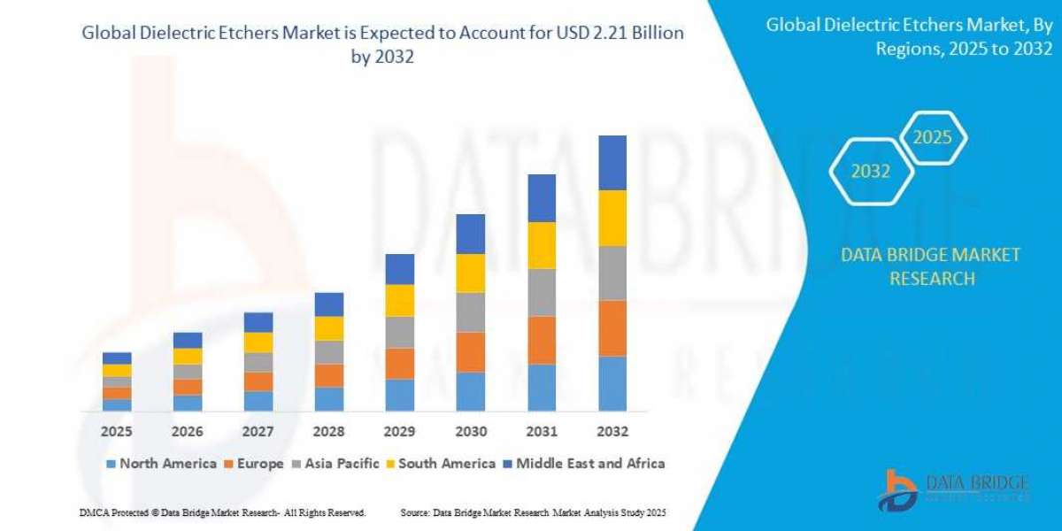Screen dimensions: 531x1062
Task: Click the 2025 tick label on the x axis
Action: [x=117, y=432]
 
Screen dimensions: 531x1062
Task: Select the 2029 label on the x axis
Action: [x=400, y=432]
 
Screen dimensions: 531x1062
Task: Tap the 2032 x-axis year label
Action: [x=612, y=432]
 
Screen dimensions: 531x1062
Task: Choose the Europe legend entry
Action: [x=258, y=464]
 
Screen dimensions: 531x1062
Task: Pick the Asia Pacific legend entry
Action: [x=341, y=464]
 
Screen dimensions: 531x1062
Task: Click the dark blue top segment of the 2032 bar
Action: [x=612, y=163]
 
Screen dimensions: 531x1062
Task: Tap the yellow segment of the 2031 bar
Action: [x=542, y=245]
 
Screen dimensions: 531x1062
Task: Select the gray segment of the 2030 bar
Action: [x=471, y=312]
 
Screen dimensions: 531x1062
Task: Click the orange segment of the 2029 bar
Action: [x=400, y=364]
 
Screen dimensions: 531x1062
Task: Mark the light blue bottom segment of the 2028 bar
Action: [x=329, y=399]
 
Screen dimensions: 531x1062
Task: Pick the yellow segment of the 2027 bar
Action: [x=258, y=342]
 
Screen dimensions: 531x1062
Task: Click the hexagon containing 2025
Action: [x=931, y=138]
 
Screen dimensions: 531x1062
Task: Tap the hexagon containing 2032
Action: [x=871, y=172]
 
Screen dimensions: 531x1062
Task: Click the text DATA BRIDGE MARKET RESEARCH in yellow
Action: [x=931, y=266]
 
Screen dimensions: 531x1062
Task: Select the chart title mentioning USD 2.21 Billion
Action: [x=383, y=42]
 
